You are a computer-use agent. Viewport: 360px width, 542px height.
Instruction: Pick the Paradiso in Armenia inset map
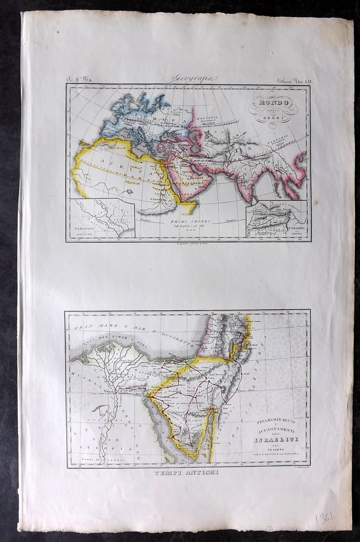(277, 218)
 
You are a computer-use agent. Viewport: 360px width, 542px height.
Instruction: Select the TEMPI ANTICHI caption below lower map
(186, 473)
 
